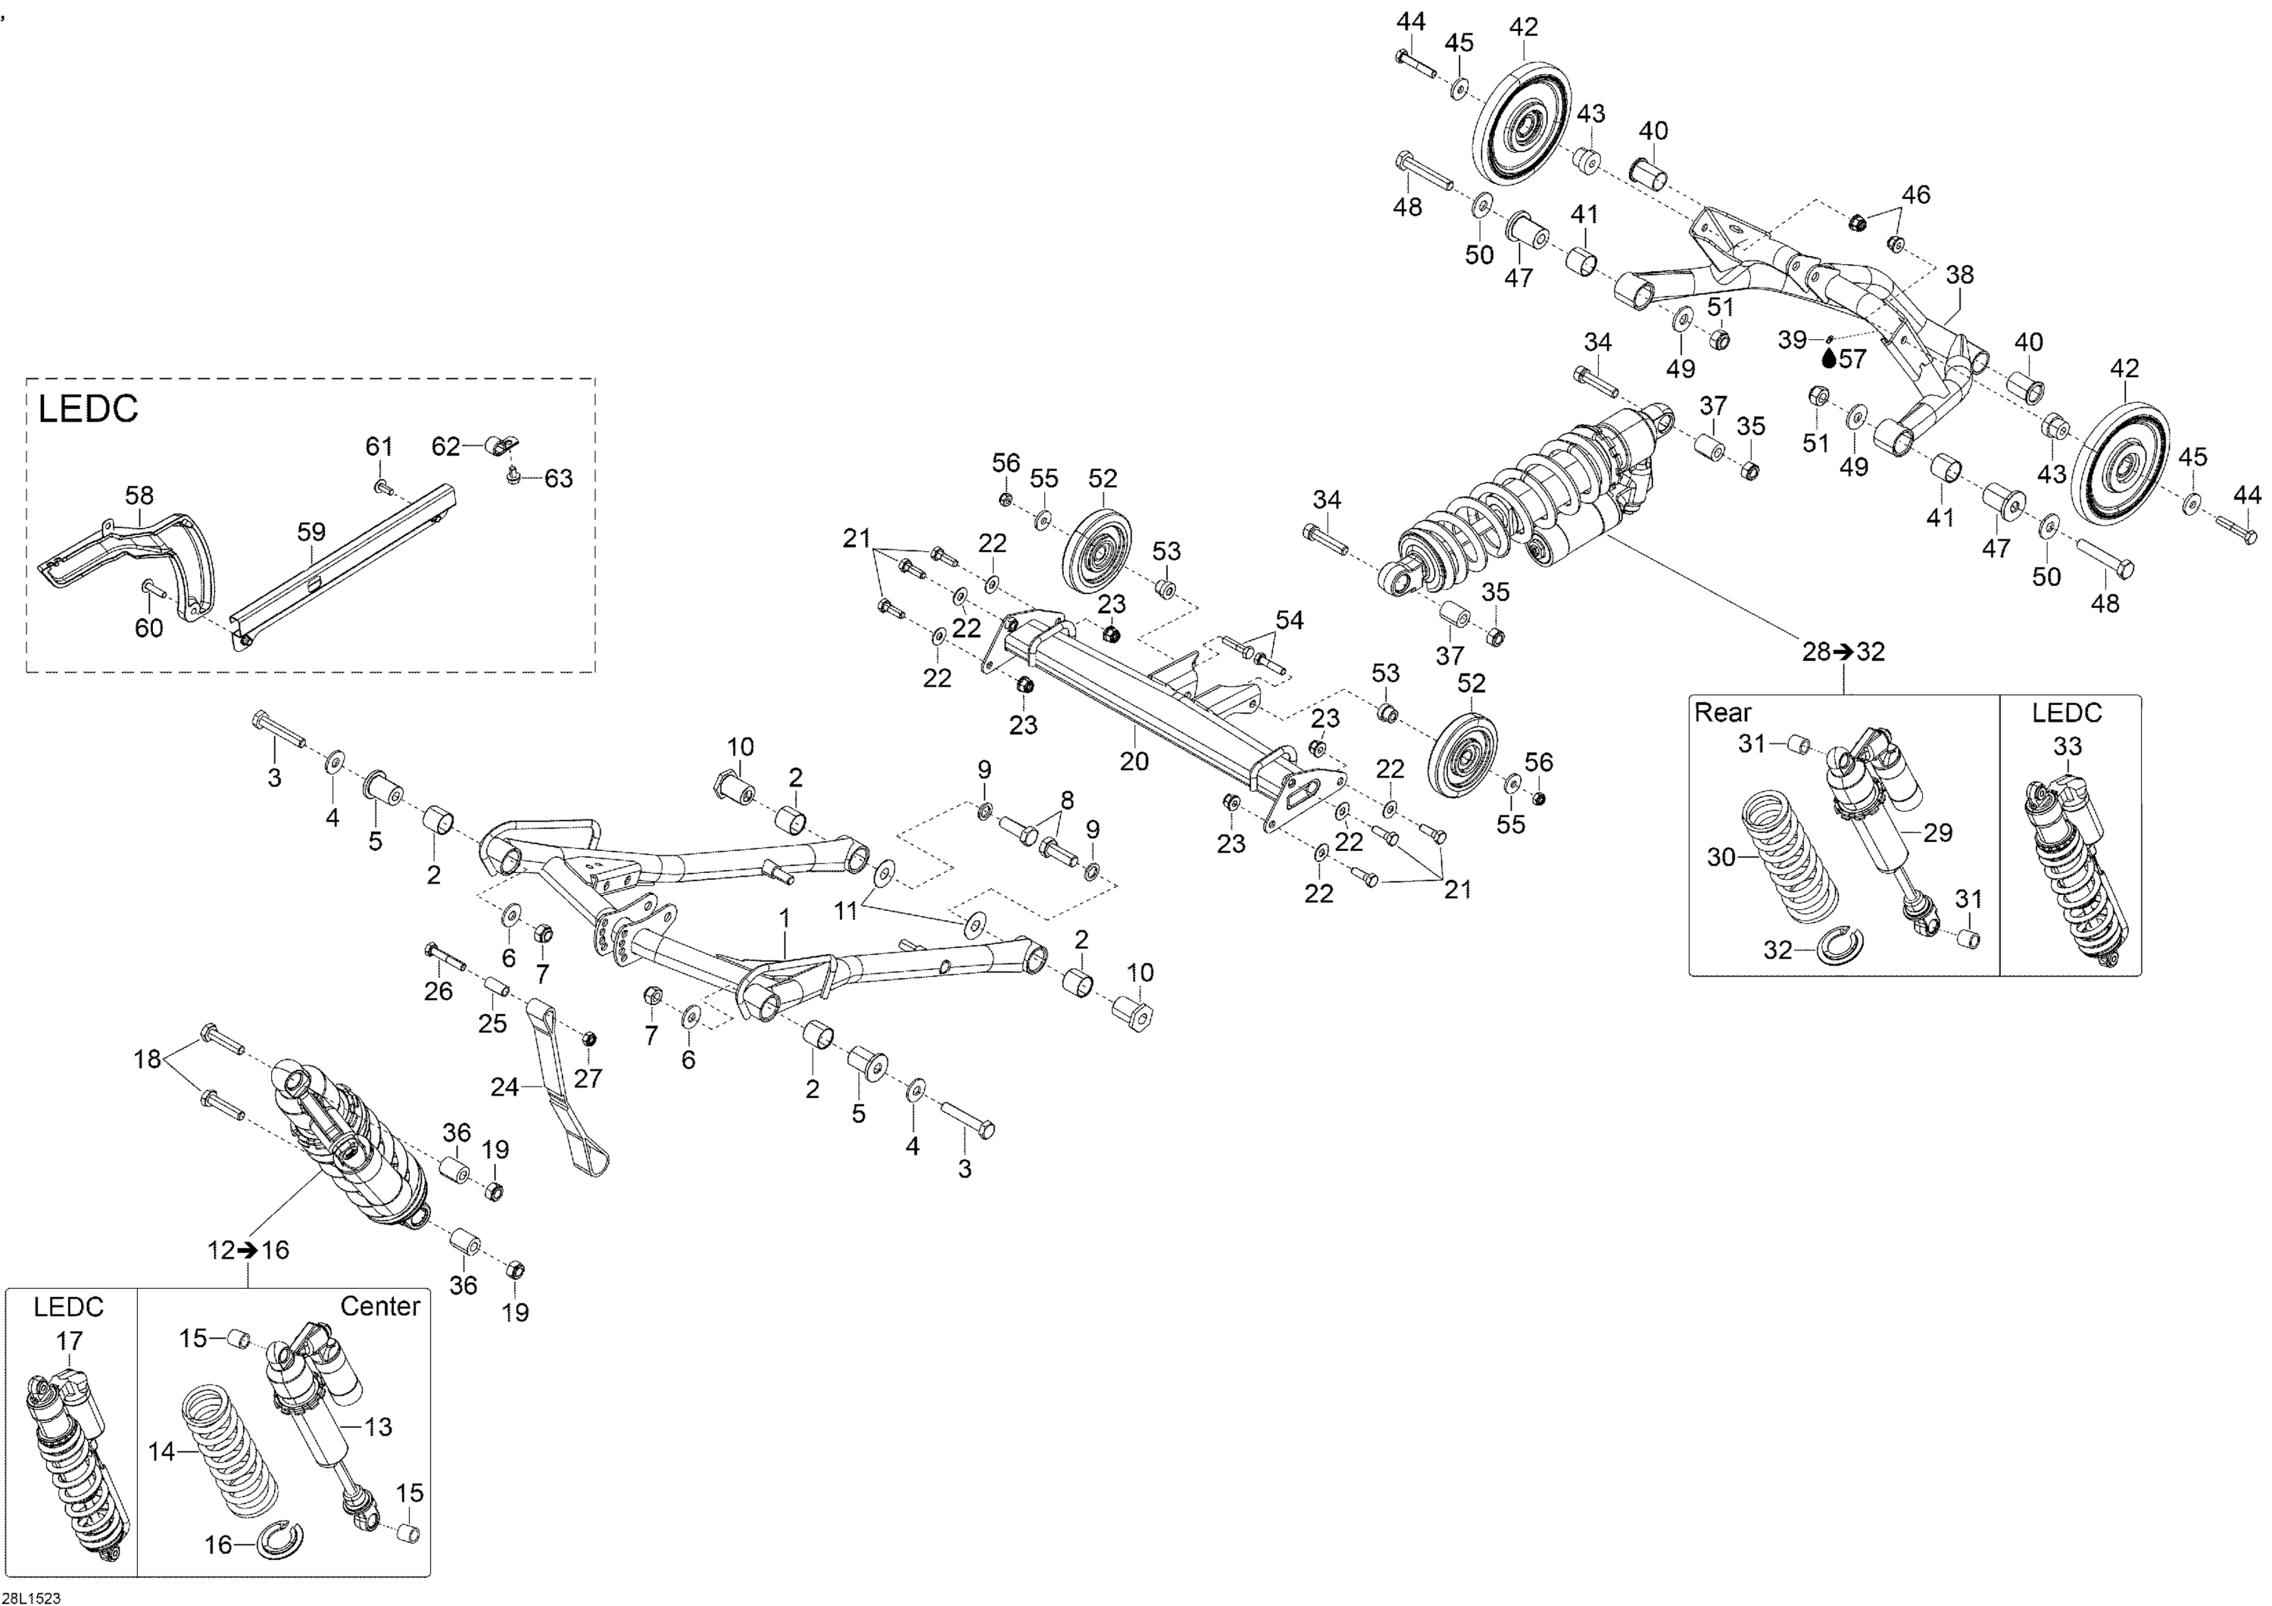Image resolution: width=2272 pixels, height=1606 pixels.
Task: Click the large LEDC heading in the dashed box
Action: point(88,410)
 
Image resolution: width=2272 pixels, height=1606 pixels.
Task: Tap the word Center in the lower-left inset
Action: point(380,1306)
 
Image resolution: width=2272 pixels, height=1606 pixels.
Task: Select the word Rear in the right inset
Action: point(1723,713)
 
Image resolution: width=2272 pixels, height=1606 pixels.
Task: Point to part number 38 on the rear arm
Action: point(1959,274)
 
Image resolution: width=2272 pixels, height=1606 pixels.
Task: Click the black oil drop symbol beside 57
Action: point(1829,358)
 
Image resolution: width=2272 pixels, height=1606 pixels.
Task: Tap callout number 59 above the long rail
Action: point(312,532)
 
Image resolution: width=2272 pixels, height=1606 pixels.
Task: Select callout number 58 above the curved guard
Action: point(139,494)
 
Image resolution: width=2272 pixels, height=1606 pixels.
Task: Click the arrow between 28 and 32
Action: point(1843,652)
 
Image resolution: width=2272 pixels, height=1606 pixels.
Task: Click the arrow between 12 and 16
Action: point(248,1251)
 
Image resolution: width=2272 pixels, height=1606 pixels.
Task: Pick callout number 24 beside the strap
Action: point(504,1087)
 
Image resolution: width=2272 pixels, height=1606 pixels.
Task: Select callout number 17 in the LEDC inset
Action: point(69,1342)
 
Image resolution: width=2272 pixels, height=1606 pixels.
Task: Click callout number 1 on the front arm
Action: point(785,918)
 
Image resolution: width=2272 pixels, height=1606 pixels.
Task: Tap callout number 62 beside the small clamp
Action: point(445,446)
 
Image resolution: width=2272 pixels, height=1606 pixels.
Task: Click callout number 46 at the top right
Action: point(1916,195)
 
